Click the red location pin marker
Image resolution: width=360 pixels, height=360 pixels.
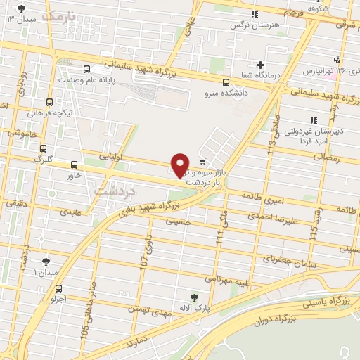pyautogui.click(x=180, y=165)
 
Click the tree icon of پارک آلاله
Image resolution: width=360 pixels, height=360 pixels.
pyautogui.click(x=195, y=297)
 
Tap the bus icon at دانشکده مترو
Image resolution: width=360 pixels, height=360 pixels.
pyautogui.click(x=225, y=81)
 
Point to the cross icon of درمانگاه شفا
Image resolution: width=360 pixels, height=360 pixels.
pyautogui.click(x=261, y=65)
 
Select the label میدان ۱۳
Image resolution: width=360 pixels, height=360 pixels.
pyautogui.click(x=20, y=19)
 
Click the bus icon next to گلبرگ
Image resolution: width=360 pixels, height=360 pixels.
pyautogui.click(x=44, y=149)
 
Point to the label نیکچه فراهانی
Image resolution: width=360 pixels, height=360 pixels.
pyautogui.click(x=52, y=112)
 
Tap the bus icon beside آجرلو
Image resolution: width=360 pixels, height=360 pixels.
pyautogui.click(x=58, y=288)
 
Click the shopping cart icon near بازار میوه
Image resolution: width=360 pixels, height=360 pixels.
pyautogui.click(x=202, y=160)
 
